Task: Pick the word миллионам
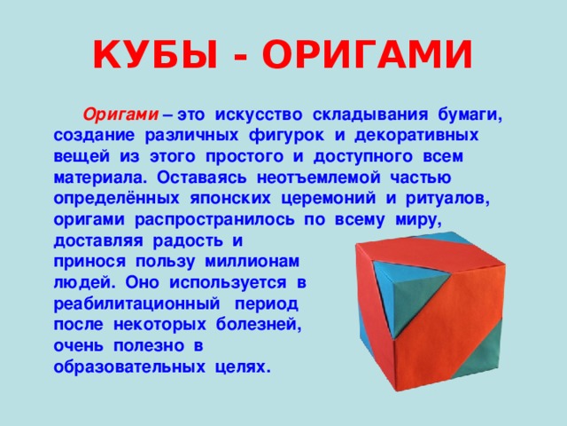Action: click(257, 262)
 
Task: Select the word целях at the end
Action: click(242, 367)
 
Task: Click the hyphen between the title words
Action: click(234, 58)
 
